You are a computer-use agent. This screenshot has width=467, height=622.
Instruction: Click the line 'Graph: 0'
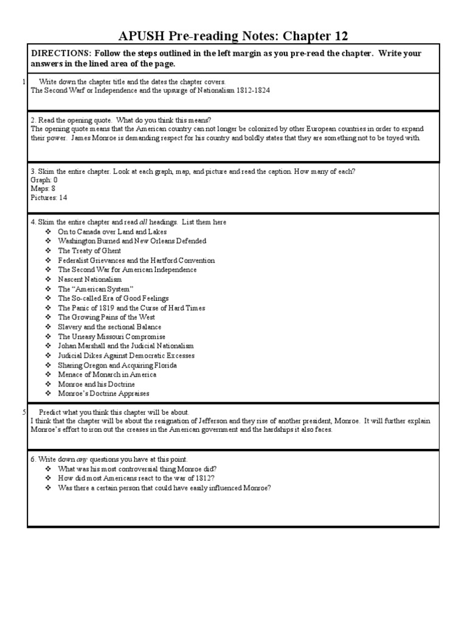(x=44, y=180)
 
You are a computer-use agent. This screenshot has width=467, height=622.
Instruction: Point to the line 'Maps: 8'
(x=43, y=189)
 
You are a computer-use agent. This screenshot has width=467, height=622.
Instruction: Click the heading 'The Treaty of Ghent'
(x=89, y=251)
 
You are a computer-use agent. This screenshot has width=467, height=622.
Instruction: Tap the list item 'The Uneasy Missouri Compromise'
(x=111, y=337)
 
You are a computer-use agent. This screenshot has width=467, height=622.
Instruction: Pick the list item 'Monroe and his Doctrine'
(x=96, y=384)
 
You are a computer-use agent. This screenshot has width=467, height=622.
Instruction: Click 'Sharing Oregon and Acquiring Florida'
(x=117, y=365)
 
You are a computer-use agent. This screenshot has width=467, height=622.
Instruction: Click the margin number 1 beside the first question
(x=24, y=81)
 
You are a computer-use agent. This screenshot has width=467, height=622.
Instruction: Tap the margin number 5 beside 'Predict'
(x=24, y=412)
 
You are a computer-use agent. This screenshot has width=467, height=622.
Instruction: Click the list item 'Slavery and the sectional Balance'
(x=109, y=327)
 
